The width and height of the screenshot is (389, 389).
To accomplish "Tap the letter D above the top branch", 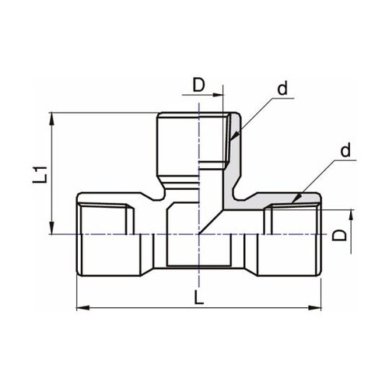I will (x=199, y=83).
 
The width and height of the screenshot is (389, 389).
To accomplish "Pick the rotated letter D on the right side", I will (x=340, y=234).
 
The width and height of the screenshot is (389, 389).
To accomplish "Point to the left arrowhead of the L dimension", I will (x=81, y=309).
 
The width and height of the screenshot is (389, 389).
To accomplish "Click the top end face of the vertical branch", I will (x=194, y=114).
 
